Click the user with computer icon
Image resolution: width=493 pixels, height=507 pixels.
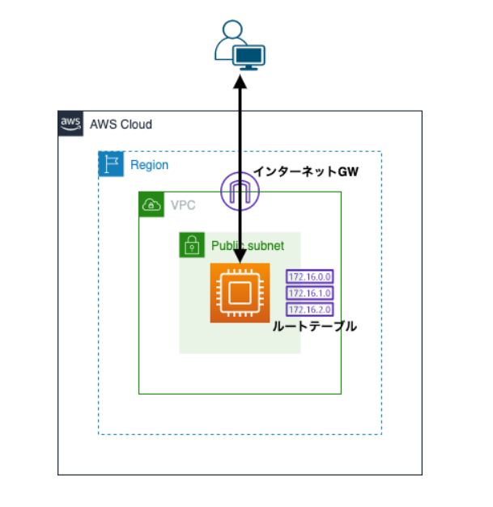(240, 46)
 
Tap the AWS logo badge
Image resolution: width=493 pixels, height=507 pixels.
(70, 124)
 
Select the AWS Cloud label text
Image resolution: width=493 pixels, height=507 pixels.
(121, 125)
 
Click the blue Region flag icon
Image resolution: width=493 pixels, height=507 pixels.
(110, 164)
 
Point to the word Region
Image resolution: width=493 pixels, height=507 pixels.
(149, 165)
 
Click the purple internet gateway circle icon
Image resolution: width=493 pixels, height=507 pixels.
(240, 192)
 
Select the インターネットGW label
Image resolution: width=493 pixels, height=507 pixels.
(304, 171)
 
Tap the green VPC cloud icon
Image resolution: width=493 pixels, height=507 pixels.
(151, 205)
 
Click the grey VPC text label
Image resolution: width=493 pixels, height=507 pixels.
(182, 205)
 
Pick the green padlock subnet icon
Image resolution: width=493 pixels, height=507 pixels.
(191, 245)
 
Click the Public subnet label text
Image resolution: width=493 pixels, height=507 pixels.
(247, 245)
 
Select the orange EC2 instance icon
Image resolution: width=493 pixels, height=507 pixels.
(240, 293)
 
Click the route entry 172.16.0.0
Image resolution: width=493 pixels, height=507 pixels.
(310, 277)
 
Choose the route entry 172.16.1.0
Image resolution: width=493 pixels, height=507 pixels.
(310, 293)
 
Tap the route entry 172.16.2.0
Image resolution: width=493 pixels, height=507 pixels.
(310, 309)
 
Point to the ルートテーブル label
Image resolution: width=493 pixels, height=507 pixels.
(316, 327)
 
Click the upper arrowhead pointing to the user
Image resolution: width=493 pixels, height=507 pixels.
(240, 80)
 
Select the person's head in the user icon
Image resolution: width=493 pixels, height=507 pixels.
(232, 30)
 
